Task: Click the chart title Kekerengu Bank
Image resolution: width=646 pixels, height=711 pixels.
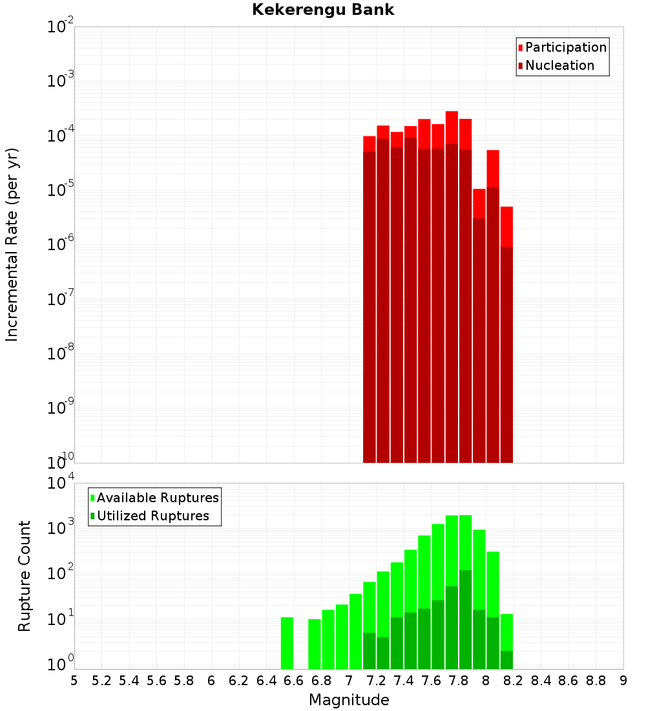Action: [323, 10]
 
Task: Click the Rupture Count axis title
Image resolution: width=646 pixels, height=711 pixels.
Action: [25, 575]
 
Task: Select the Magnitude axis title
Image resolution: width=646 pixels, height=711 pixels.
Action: [349, 700]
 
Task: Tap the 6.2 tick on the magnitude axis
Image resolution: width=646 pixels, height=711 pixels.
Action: [238, 681]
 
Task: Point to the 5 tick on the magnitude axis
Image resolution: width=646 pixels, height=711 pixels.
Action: [74, 681]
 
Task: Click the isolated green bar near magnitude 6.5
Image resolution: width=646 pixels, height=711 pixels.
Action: [287, 643]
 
